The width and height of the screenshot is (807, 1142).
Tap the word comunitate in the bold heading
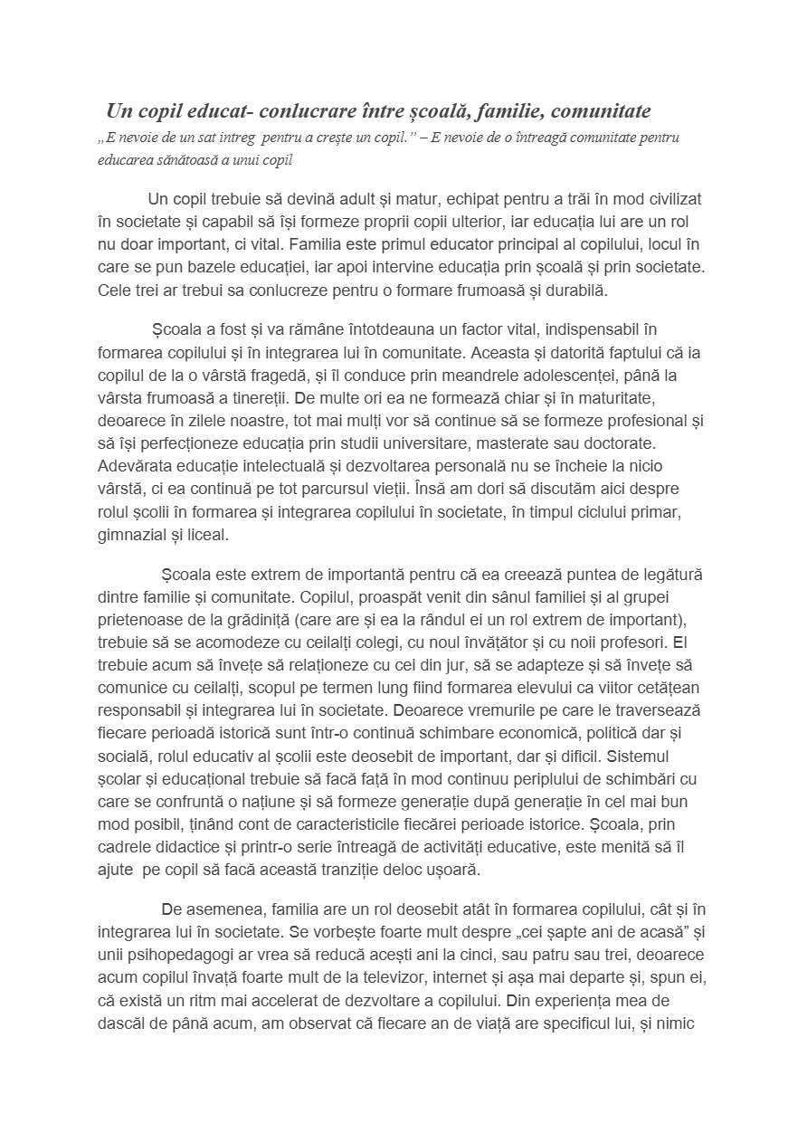600,111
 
